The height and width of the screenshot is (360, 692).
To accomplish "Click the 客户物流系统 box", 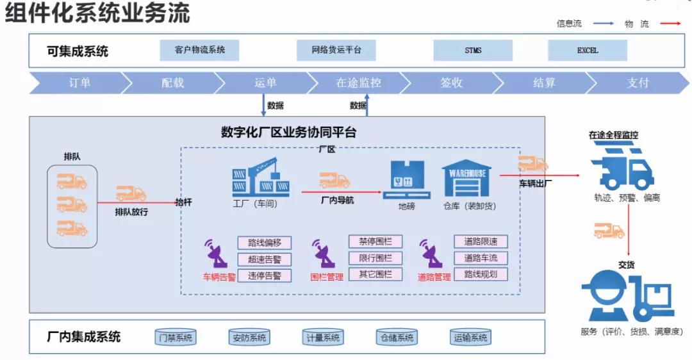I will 199,50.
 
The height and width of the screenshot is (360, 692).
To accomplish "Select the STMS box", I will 473,50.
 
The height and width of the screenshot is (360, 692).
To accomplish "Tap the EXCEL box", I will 587,50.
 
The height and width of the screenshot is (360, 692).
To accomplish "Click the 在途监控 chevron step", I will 358,83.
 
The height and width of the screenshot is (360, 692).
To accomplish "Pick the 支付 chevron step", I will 638,83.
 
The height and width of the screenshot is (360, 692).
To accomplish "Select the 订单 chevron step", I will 79,83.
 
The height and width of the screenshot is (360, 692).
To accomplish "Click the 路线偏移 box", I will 264,243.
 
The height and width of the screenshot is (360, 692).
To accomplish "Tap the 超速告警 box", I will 264,259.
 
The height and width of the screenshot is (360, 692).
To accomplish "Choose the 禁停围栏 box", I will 375,241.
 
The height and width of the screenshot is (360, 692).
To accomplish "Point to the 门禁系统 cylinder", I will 176,338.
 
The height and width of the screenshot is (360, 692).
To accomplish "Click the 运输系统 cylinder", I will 470,338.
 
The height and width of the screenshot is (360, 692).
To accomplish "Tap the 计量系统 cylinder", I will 322,338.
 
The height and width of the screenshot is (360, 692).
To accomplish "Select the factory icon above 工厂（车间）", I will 260,177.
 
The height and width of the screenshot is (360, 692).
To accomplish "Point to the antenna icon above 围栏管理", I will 324,254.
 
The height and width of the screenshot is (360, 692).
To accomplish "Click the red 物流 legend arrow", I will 669,24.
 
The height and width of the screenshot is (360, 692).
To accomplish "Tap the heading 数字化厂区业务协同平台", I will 288,133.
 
